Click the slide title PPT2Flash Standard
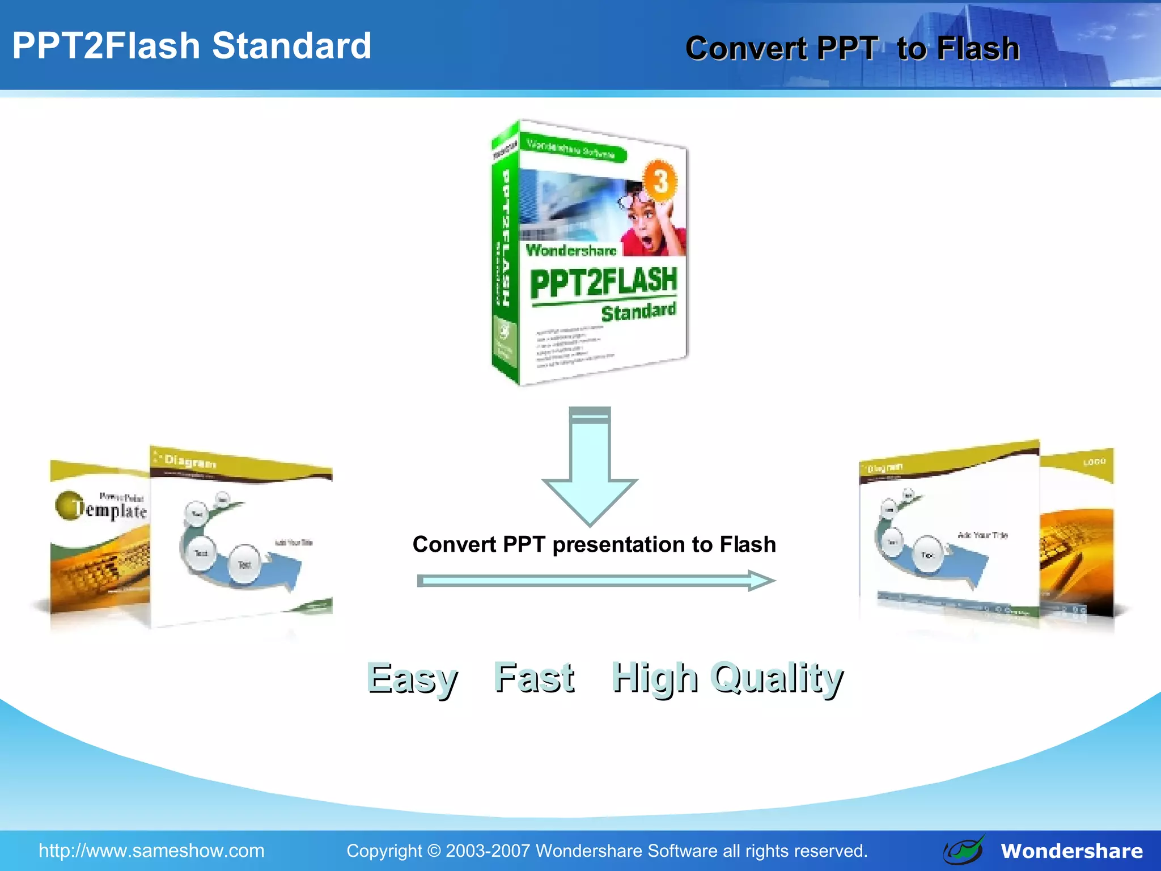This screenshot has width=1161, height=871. [x=192, y=46]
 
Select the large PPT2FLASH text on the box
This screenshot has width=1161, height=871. [x=603, y=282]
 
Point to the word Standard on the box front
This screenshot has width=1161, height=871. [x=638, y=312]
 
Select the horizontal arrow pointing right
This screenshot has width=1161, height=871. [x=595, y=581]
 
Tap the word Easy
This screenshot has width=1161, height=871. [x=412, y=678]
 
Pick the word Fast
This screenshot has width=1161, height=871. [x=534, y=677]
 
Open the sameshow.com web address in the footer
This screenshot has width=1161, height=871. [x=151, y=851]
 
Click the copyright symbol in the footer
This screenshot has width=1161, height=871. [x=434, y=851]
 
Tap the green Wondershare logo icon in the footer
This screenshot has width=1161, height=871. [x=964, y=850]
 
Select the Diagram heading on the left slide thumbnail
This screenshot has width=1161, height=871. [x=190, y=462]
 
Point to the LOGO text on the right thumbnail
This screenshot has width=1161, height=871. [x=1094, y=462]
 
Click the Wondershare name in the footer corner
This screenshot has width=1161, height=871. [x=1071, y=851]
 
